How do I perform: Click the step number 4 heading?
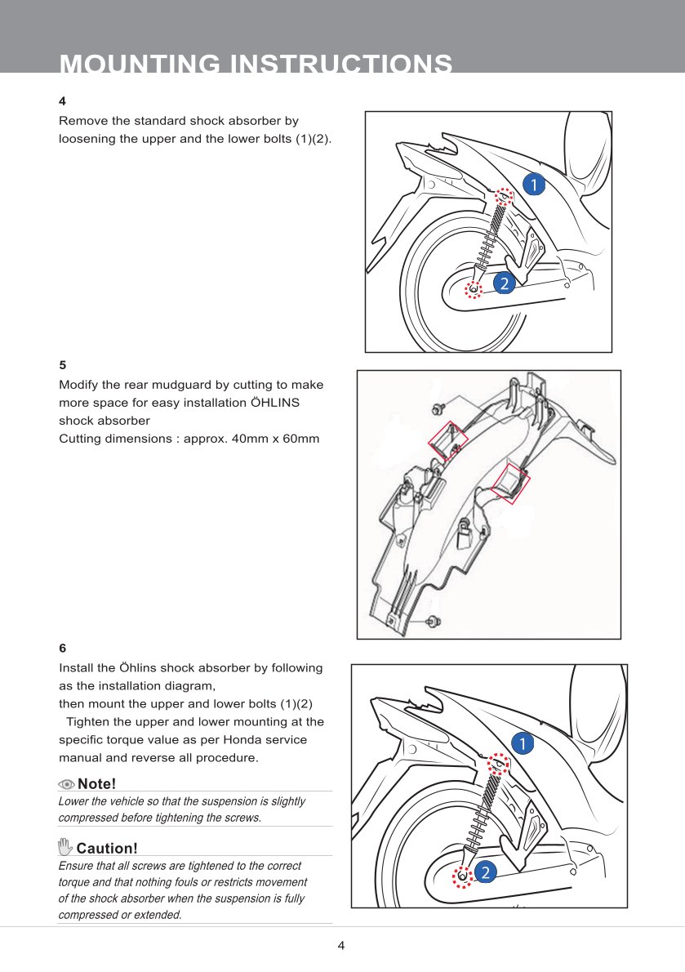[62, 101]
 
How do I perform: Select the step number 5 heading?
[62, 365]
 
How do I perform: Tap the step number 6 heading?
[62, 649]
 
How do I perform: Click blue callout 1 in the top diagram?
[532, 185]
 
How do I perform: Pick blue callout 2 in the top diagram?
[504, 283]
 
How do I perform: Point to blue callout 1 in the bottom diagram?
[523, 742]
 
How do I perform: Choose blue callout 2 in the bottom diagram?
[485, 873]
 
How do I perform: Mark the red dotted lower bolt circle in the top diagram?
[475, 288]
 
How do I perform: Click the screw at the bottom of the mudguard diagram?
[434, 622]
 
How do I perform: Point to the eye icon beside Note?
[66, 784]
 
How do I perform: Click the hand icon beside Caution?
[65, 846]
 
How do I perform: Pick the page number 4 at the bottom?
[341, 946]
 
